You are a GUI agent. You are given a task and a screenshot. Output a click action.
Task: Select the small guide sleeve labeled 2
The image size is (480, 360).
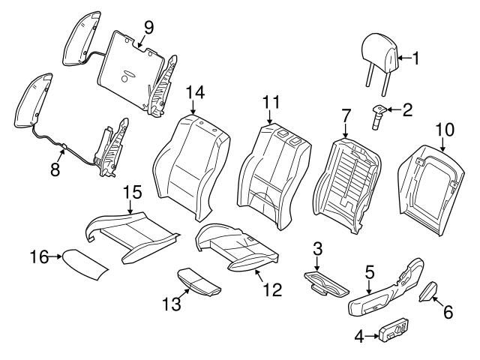click(x=376, y=113)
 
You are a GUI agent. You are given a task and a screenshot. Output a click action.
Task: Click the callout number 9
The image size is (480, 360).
click(x=148, y=28)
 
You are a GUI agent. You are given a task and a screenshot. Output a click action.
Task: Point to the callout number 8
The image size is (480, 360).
click(x=55, y=169)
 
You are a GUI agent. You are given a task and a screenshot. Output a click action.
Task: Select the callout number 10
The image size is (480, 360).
click(x=445, y=129)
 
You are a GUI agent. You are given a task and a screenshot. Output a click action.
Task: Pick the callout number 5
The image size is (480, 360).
click(x=369, y=271)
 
